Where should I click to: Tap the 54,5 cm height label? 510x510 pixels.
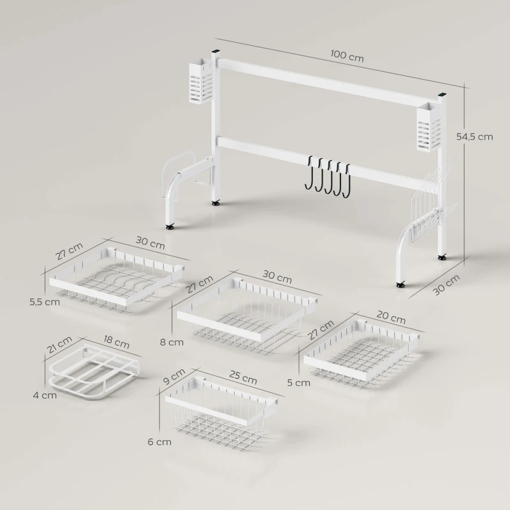pyautogui.click(x=475, y=136)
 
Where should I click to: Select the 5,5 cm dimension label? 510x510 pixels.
pyautogui.click(x=45, y=302)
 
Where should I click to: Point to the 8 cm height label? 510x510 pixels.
pyautogui.click(x=172, y=342)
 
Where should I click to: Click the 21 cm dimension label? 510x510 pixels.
pyautogui.click(x=59, y=347)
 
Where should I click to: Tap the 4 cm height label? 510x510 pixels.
pyautogui.click(x=45, y=395)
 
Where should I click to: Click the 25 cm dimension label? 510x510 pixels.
pyautogui.click(x=243, y=377)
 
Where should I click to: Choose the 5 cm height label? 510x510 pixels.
pyautogui.click(x=299, y=383)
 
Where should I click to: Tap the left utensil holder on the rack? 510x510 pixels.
pyautogui.click(x=200, y=83)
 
